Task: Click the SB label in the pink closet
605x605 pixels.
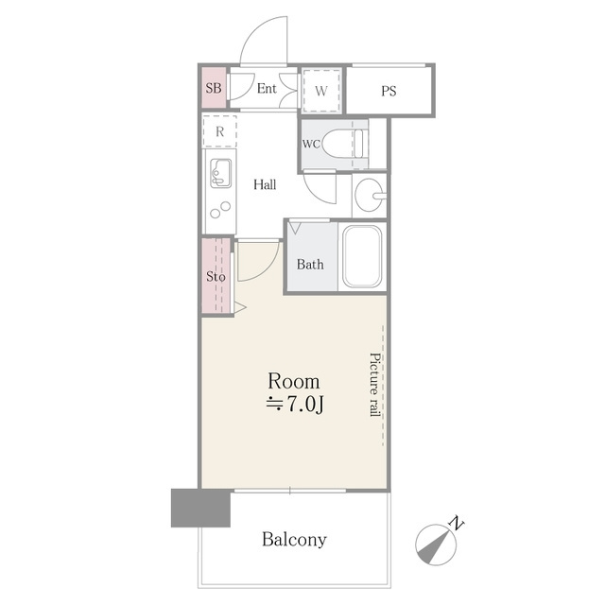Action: coord(214,88)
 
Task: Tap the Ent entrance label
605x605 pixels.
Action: coord(267,88)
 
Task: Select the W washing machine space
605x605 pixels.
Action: coord(321,91)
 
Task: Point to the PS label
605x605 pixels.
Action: coord(389,91)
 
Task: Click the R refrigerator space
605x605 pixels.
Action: coord(219,131)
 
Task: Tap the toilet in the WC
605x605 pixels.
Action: coord(343,143)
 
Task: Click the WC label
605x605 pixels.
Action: coord(311,144)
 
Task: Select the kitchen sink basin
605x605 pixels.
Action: coord(220,173)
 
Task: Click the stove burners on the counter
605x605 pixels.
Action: coord(220,210)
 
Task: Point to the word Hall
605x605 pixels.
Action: coord(265,184)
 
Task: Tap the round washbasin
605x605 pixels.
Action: coord(369,195)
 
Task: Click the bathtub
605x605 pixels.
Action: coord(362,256)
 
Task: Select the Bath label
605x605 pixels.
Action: coord(310,265)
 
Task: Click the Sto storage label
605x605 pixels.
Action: coord(216,276)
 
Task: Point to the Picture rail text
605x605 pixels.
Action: coord(374,385)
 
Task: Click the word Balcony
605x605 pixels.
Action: coord(294,540)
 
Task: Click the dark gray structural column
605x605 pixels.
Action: coord(200,508)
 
